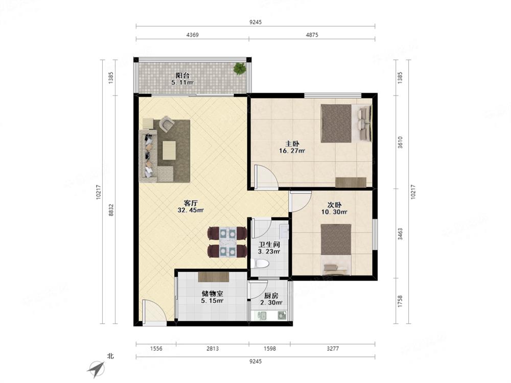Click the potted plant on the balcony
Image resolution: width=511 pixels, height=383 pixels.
tap(240, 68)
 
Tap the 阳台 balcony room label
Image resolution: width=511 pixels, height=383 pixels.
tap(182, 76)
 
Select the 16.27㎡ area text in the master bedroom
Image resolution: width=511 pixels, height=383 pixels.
tap(292, 151)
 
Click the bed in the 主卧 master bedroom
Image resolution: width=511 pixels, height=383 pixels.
tap(346, 124)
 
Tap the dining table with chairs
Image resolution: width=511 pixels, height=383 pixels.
tap(227, 242)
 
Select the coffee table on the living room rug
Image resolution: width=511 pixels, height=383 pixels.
tap(169, 150)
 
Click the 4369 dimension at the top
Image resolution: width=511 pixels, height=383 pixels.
tap(192, 35)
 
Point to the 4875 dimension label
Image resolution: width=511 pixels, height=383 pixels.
tap(312, 35)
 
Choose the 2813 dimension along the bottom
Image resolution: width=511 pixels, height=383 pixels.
tap(213, 348)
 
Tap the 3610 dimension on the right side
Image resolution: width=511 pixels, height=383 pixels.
tap(400, 142)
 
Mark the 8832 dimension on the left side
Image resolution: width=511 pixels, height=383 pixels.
tap(111, 210)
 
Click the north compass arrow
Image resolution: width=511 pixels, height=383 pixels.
tap(96, 369)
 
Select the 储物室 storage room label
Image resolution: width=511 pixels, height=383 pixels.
tap(212, 294)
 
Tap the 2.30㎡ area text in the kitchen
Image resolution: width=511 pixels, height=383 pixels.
tap(271, 302)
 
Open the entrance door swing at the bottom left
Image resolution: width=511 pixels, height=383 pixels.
tap(154, 313)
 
